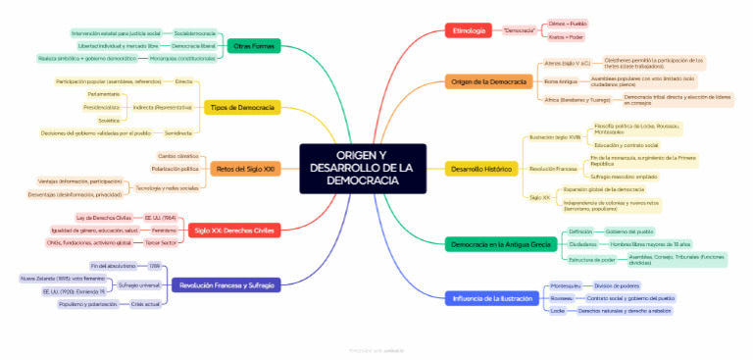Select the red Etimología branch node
pyautogui.click(x=469, y=30)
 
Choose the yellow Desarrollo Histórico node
pyautogui.click(x=481, y=169)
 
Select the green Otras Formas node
pyautogui.click(x=253, y=46)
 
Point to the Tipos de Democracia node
pyautogui.click(x=241, y=107)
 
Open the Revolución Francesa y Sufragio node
pyautogui.click(x=226, y=285)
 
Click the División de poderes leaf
pyautogui.click(x=617, y=285)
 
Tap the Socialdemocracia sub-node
pyautogui.click(x=195, y=33)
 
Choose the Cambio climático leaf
pyautogui.click(x=178, y=156)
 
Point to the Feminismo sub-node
pyautogui.click(x=164, y=230)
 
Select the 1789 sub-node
pyautogui.click(x=155, y=266)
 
